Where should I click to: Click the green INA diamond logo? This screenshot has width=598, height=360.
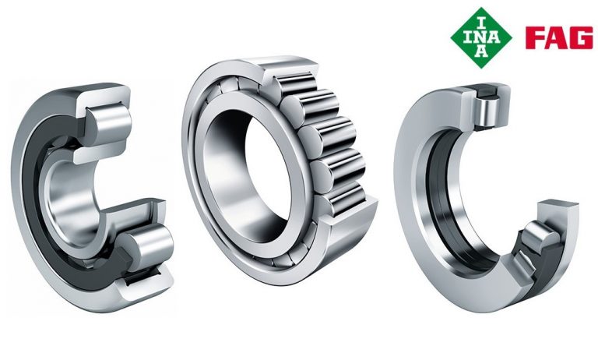[481, 38]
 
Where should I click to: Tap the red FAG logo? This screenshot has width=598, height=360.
[559, 38]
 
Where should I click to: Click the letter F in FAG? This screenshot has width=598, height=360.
[535, 38]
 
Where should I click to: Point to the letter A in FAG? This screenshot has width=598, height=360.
[558, 38]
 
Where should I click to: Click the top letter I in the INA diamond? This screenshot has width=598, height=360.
[481, 22]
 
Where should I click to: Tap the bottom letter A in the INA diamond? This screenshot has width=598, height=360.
[482, 52]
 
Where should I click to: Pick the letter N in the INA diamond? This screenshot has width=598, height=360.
[481, 37]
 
